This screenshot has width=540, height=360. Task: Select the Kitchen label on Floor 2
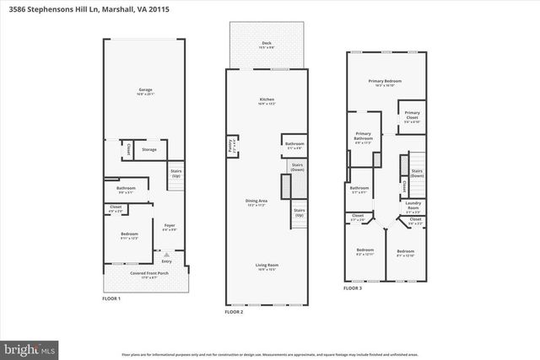tap(267, 100)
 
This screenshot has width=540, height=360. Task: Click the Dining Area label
tap(256, 201)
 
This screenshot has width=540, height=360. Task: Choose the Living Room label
tap(267, 266)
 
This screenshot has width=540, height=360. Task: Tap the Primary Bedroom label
tap(384, 82)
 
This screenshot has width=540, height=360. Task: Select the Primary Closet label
tap(412, 114)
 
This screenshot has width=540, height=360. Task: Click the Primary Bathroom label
tap(363, 134)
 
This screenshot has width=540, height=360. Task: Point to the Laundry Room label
tap(413, 202)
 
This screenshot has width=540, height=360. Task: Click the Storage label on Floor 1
tap(148, 149)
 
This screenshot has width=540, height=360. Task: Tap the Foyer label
tap(169, 225)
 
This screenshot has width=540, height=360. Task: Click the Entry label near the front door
tap(166, 261)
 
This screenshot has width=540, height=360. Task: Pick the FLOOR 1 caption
tap(111, 298)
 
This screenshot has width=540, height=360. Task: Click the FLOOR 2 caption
tap(234, 312)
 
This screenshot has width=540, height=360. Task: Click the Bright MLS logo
tap(30, 347)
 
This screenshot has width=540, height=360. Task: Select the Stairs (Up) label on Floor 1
tap(175, 171)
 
